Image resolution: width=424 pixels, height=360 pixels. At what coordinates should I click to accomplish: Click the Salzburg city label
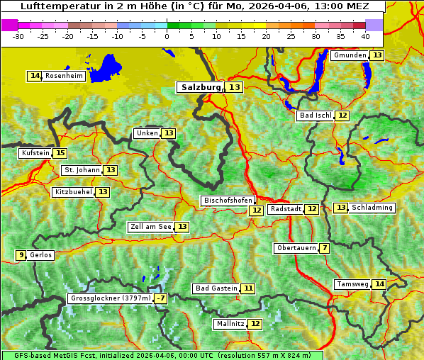click(x=201, y=87)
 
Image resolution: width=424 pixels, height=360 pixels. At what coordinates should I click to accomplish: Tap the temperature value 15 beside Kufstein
click(x=60, y=153)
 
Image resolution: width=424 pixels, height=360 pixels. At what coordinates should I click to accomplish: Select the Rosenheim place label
click(x=64, y=76)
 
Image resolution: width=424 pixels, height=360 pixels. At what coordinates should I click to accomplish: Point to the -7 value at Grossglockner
click(x=161, y=299)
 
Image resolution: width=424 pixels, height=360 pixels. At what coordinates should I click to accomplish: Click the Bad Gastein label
click(x=216, y=288)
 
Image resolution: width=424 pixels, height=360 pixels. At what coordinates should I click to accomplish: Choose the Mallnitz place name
click(x=230, y=324)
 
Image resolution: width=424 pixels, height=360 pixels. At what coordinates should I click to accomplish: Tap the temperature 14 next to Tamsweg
click(x=379, y=284)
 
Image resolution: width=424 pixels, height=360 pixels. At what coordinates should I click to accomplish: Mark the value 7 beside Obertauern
click(x=324, y=248)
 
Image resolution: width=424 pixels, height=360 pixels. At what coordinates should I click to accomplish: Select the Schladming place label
click(x=372, y=208)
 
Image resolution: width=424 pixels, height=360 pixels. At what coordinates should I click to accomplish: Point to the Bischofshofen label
click(x=227, y=201)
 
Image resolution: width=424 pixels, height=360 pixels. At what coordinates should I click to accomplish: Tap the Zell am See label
click(x=151, y=227)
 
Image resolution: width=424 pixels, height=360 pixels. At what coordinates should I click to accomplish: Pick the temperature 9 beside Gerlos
click(x=21, y=255)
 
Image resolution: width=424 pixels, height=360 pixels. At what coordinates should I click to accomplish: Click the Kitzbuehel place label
click(x=73, y=192)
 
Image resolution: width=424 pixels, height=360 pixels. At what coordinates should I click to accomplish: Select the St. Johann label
click(x=82, y=170)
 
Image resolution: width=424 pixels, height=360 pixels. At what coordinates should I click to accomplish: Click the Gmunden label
click(x=350, y=55)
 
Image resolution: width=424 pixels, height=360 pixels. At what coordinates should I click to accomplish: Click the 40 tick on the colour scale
click(x=365, y=36)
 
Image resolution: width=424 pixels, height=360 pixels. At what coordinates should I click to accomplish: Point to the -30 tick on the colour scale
click(x=18, y=36)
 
